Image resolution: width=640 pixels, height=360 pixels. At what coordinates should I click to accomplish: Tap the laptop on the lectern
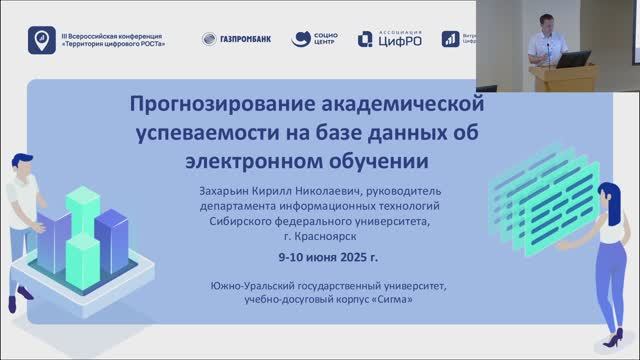tap(567, 59)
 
